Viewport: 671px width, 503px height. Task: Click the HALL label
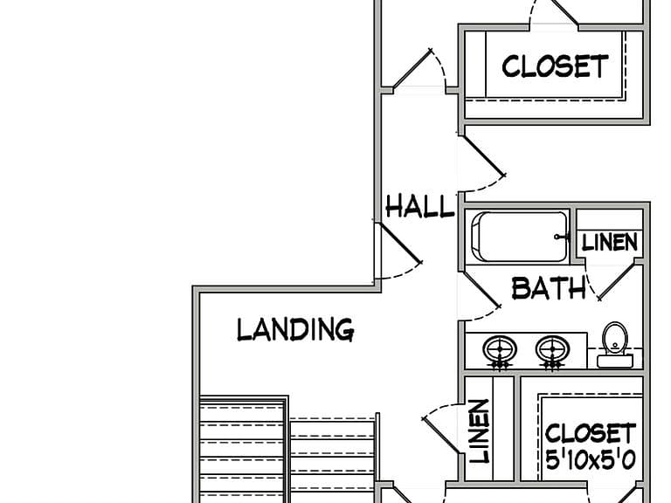(x=419, y=206)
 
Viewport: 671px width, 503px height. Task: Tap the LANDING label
(x=295, y=329)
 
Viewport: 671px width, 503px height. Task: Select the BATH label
(x=549, y=288)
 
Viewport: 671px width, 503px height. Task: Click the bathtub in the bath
(x=520, y=237)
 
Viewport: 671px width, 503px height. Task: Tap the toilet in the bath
(x=615, y=345)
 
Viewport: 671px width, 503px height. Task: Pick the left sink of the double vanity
(x=500, y=352)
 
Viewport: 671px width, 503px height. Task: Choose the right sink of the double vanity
(x=552, y=352)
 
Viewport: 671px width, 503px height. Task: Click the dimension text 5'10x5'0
(x=591, y=460)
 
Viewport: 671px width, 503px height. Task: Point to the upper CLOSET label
(x=555, y=66)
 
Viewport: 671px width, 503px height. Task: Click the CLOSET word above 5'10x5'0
(x=591, y=433)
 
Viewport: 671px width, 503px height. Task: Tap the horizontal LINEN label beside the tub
(x=610, y=242)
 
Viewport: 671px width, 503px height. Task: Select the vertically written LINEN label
(x=480, y=431)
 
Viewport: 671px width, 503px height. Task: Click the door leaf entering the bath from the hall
(x=481, y=288)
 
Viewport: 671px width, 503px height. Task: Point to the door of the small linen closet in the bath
(x=618, y=281)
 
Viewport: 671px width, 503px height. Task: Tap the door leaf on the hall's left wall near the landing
(x=399, y=242)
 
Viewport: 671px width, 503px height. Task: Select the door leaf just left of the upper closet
(x=412, y=69)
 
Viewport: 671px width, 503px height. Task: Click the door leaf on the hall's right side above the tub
(x=483, y=155)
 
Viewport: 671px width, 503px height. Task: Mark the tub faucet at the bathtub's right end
(x=562, y=237)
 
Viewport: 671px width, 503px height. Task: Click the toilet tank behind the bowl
(x=615, y=362)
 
